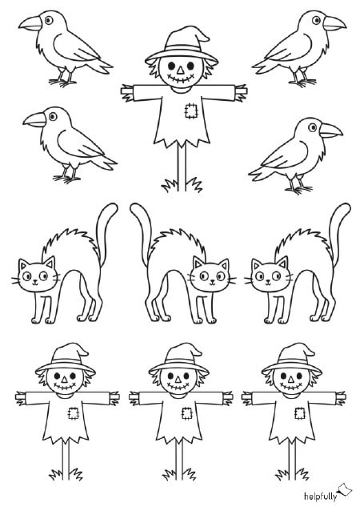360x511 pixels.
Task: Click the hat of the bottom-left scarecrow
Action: pos(64,359)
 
